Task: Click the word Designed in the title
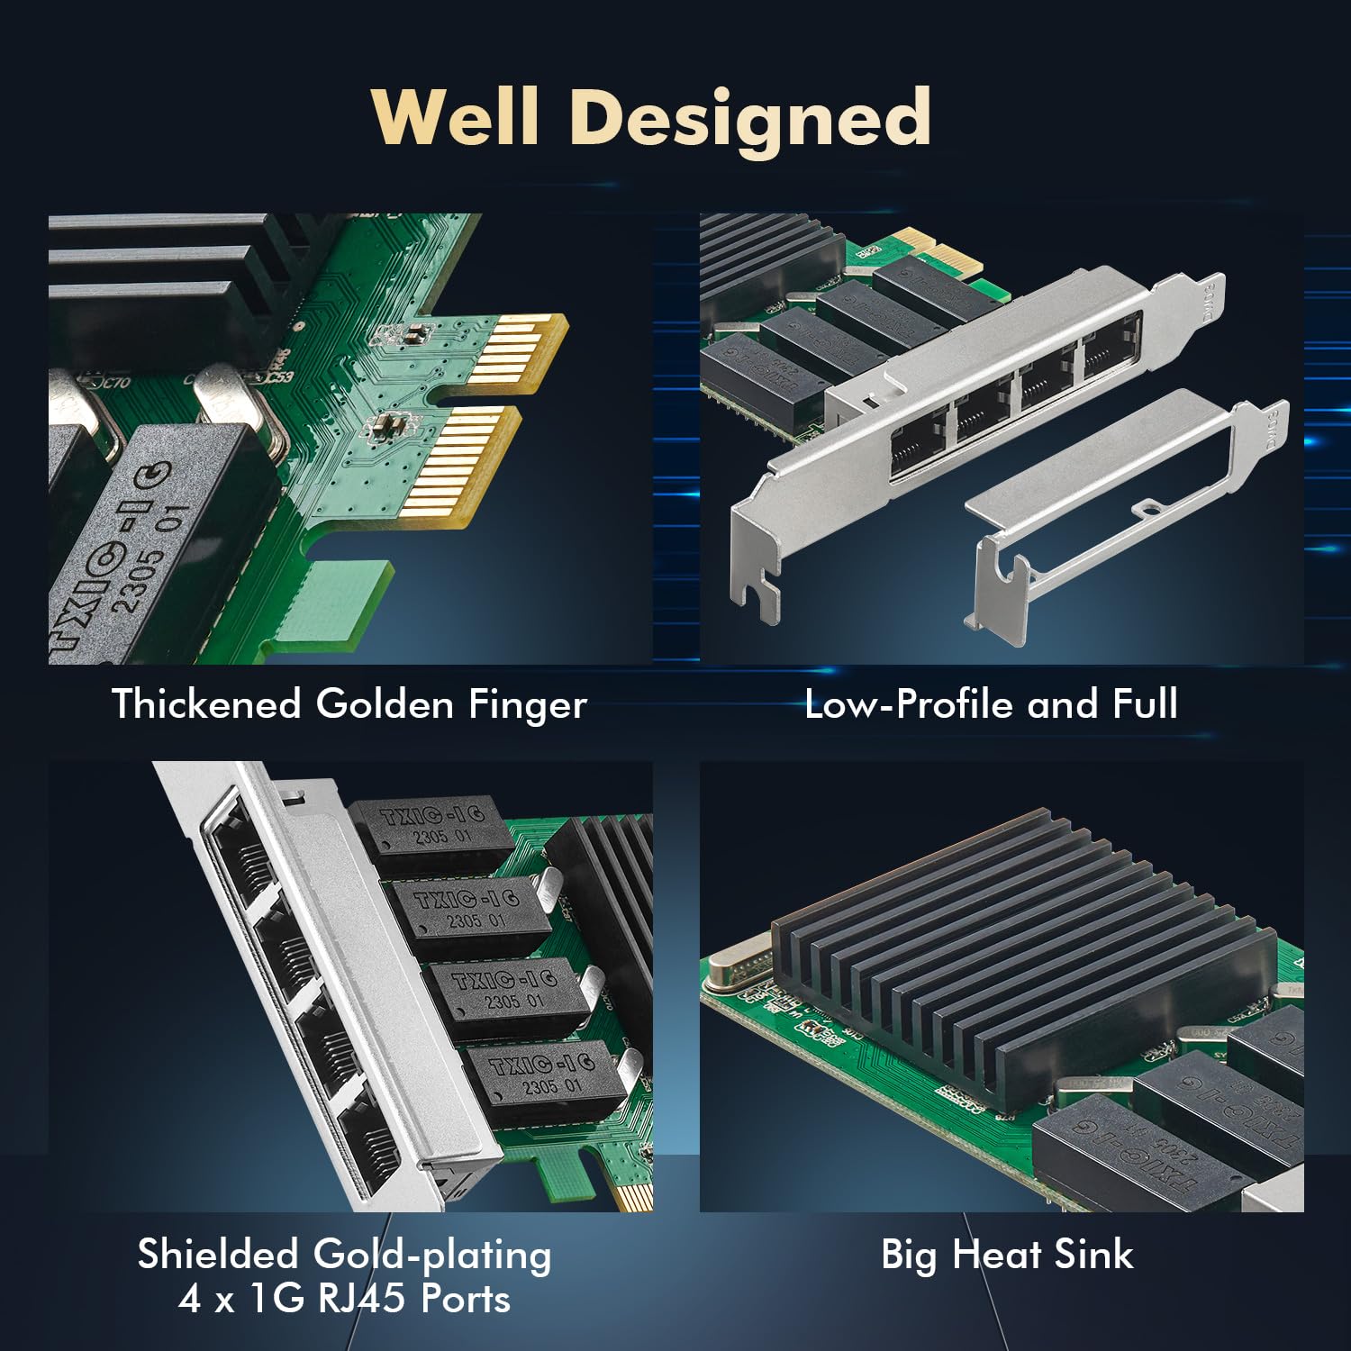(750, 119)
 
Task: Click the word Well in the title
(455, 117)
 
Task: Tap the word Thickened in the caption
(206, 703)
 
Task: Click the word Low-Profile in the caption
(909, 703)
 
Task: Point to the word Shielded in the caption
(217, 1254)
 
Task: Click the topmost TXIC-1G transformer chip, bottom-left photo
(431, 829)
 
